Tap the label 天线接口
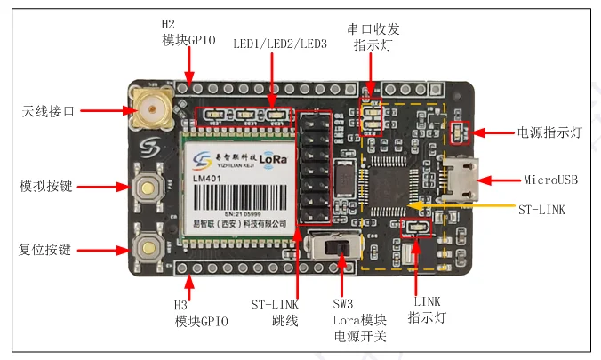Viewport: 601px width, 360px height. coord(48,111)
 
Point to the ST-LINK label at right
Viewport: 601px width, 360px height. coord(541,210)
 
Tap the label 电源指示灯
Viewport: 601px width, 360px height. coord(549,132)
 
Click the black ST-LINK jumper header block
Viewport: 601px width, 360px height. coord(313,168)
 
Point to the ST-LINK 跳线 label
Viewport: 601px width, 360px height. coord(274,313)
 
